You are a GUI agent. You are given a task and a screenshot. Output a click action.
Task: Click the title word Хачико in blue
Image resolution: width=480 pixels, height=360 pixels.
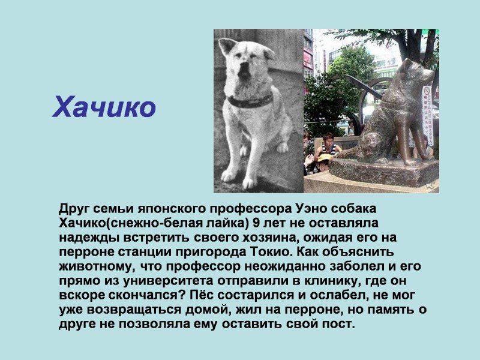(x=104, y=107)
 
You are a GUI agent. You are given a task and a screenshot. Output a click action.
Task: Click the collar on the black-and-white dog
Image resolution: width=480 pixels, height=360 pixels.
(x=250, y=101)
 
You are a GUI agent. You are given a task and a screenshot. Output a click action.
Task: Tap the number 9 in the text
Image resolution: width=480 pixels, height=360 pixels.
(x=257, y=223)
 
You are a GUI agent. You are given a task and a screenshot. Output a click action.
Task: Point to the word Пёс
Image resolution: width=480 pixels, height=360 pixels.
(x=201, y=295)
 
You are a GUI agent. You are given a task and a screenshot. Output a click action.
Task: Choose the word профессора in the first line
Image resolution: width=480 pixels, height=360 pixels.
(x=251, y=209)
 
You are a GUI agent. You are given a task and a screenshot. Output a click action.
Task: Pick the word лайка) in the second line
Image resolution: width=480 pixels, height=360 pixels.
(x=227, y=223)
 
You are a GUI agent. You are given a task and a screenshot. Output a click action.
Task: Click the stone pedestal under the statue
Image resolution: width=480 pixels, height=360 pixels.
(x=383, y=172)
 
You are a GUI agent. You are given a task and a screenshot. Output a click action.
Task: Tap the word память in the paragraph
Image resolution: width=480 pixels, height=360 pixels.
(x=389, y=310)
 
